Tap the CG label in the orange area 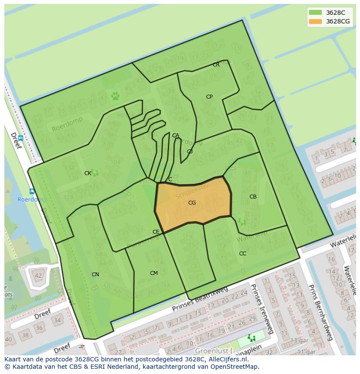click(192, 203)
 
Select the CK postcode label click(88, 173)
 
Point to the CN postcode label click(95, 275)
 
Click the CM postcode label click(153, 273)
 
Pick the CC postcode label click(243, 254)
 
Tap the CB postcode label click(253, 197)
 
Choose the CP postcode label click(209, 97)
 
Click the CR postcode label click(216, 65)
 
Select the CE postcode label click(156, 232)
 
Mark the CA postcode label click(175, 136)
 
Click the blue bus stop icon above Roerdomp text click(32, 191)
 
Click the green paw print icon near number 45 click(115, 96)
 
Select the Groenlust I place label click(214, 351)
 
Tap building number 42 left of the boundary click(38, 275)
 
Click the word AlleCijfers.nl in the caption click(227, 359)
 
